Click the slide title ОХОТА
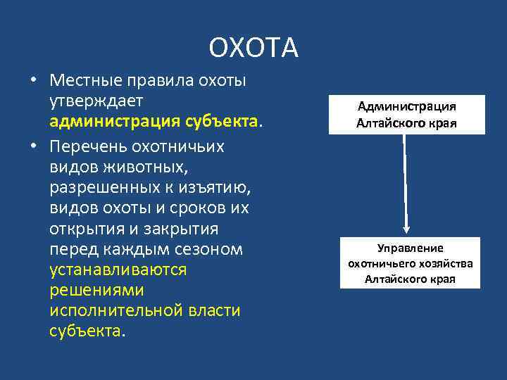[x=254, y=48]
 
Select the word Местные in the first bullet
[x=91, y=80]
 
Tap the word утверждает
[x=95, y=102]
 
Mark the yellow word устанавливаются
[x=118, y=270]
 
